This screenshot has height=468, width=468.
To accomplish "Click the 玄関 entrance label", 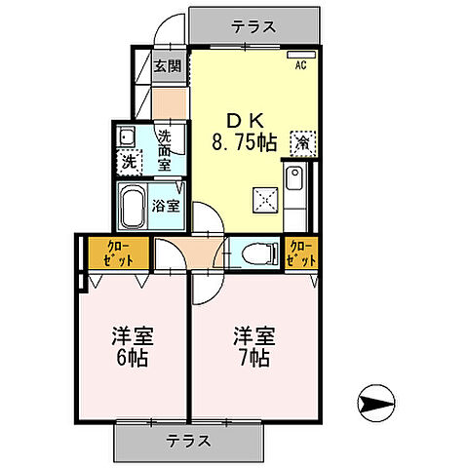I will click(x=167, y=66).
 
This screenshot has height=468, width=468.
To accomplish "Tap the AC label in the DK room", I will click(x=301, y=65).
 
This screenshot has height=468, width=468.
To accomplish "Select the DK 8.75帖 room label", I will click(x=239, y=131).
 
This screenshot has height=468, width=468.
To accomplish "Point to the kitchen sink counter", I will click(x=296, y=190).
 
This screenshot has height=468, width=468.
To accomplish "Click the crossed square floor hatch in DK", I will click(x=265, y=199).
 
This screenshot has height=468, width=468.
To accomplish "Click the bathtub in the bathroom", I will click(x=133, y=206).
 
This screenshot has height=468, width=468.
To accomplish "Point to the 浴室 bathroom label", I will click(x=166, y=206).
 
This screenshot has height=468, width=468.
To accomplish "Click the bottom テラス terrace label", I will click(x=190, y=440).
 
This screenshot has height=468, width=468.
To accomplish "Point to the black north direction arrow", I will click(x=378, y=401).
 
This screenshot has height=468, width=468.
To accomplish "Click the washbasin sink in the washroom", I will click(x=127, y=136).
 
